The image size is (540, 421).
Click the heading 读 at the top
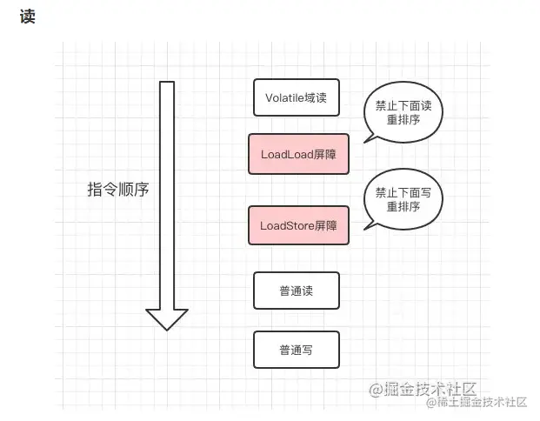[x=26, y=17]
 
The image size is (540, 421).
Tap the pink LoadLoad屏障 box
[x=298, y=154]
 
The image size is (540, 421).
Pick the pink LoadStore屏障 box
[x=298, y=225]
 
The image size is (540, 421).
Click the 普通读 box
[x=296, y=291]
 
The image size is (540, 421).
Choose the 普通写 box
[x=296, y=350]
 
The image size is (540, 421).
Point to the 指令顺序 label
[x=118, y=190]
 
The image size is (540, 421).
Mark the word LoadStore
[x=287, y=225]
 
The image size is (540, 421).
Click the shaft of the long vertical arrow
[x=167, y=191]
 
